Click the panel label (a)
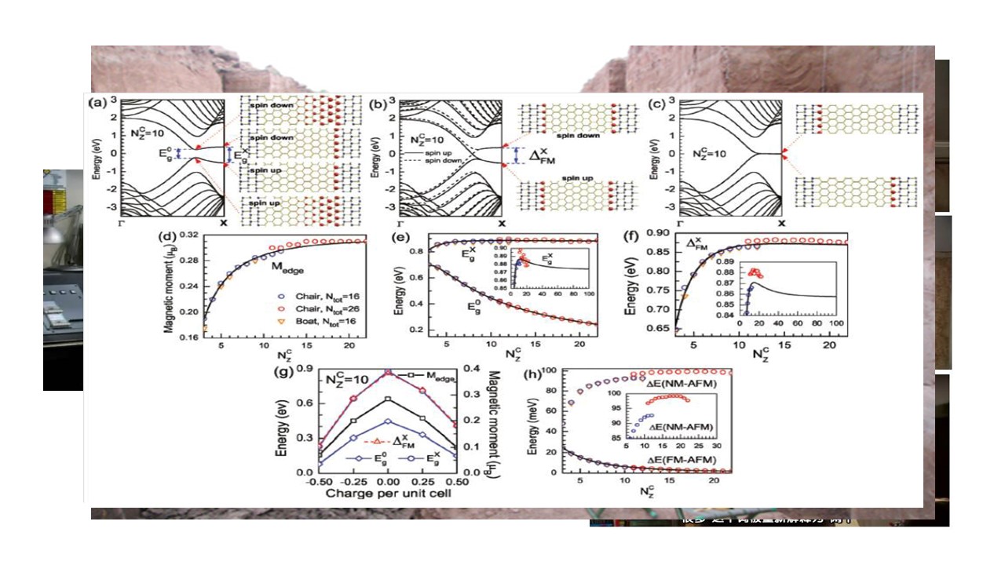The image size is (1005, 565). click(97, 103)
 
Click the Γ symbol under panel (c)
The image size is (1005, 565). click(682, 222)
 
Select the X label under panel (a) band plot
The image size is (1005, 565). click(225, 223)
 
